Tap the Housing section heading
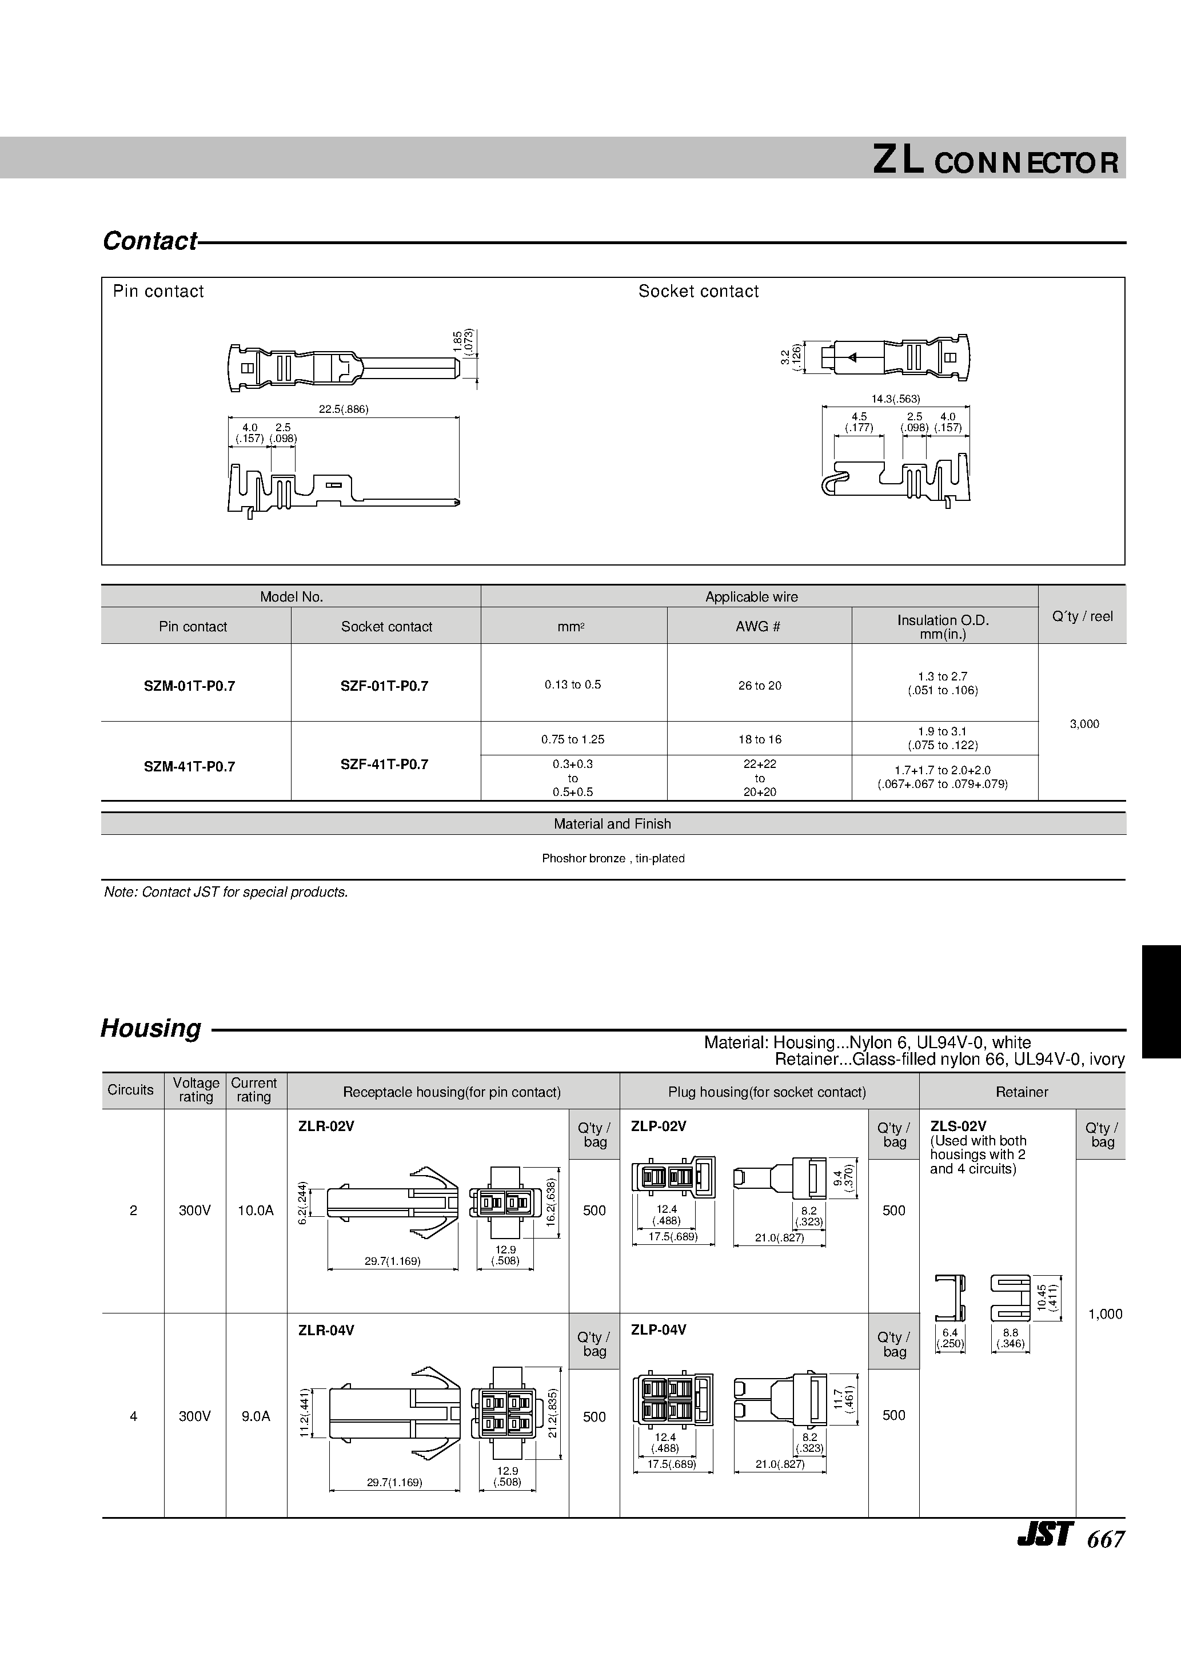pyautogui.click(x=151, y=1028)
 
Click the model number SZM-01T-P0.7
pyautogui.click(x=189, y=686)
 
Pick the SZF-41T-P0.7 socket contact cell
pyautogui.click(x=385, y=765)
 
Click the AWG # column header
pyautogui.click(x=758, y=626)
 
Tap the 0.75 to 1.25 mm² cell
pyautogui.click(x=572, y=739)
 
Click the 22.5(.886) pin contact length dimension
pyautogui.click(x=344, y=409)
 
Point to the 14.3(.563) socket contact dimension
pyautogui.click(x=896, y=399)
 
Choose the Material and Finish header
pyautogui.click(x=612, y=823)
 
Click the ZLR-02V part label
pyautogui.click(x=326, y=1126)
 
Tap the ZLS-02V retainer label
pyautogui.click(x=957, y=1126)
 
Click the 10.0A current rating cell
pyautogui.click(x=256, y=1211)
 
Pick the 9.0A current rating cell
pyautogui.click(x=256, y=1416)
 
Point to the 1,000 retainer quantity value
pyautogui.click(x=1104, y=1313)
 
